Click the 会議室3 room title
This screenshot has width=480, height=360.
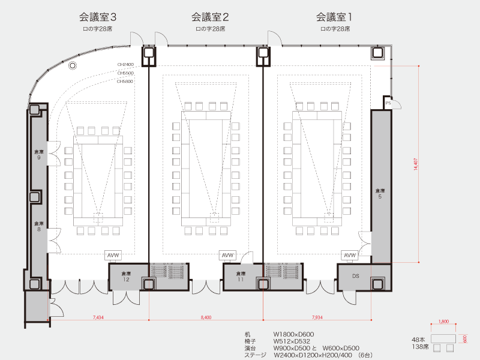[98, 17]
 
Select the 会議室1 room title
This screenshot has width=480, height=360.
[335, 17]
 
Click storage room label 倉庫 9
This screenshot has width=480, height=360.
[38, 154]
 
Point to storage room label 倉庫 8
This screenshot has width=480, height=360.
[38, 226]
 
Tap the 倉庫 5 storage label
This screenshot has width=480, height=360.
[380, 193]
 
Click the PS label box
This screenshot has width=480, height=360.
[388, 103]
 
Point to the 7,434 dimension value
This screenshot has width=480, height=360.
[98, 317]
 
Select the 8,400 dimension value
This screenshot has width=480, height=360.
[206, 317]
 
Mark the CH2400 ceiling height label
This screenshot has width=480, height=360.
[125, 64]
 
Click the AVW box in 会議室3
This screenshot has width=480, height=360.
[113, 256]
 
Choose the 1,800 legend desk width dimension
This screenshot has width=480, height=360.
[444, 321]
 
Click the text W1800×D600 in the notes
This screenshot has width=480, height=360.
[294, 334]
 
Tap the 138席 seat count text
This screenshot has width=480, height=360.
[419, 347]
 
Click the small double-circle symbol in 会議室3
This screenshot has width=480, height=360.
[73, 65]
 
